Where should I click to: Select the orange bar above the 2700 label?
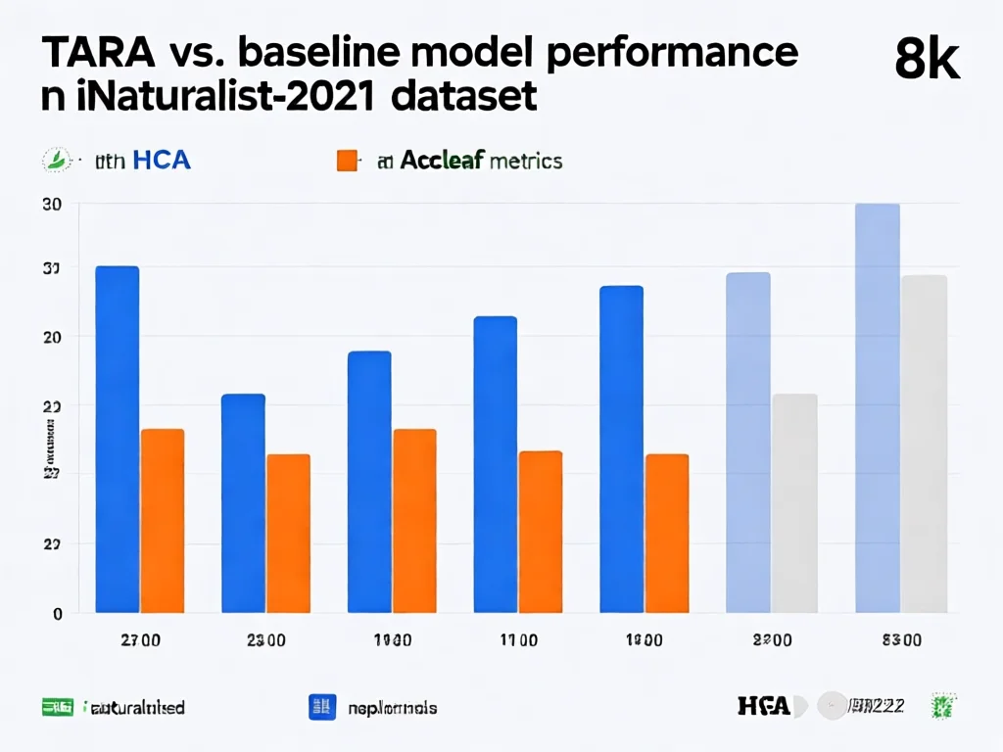point(163,520)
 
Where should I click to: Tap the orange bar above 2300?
point(288,533)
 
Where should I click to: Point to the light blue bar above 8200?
point(748,442)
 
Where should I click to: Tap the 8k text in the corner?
point(927,61)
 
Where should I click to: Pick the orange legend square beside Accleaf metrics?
point(347,161)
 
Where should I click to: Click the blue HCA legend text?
point(162,161)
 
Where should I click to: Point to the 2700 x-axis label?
point(141,640)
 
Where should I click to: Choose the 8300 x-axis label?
point(901,640)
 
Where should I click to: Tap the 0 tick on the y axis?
point(58,614)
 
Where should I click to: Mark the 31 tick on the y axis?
point(52,267)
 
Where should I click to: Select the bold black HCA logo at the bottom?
point(764,706)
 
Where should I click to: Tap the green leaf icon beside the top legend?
point(58,160)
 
